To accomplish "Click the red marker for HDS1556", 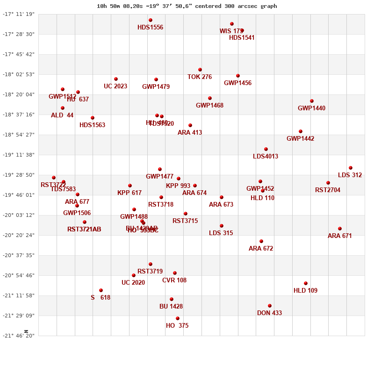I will tap(151, 20).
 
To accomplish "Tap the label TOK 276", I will tap(200, 77).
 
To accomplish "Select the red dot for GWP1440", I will tap(312, 101).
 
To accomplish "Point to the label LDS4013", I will tap(266, 157).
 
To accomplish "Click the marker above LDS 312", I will tap(351, 168).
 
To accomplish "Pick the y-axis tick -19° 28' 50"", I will tap(19, 175).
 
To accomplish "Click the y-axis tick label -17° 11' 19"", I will tap(19, 14).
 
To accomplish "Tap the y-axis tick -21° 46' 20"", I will tap(19, 336).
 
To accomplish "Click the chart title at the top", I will tap(187, 6).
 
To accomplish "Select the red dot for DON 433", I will tap(270, 306).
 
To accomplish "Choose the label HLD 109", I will tap(305, 291).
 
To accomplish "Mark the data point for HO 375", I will tap(178, 318).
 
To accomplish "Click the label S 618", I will tap(101, 298).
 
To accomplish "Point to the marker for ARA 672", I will tap(261, 241).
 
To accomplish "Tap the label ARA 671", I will tap(340, 236).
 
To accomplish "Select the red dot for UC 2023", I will tap(116, 79).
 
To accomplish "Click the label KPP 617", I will tap(129, 193).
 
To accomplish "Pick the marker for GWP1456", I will tap(238, 76).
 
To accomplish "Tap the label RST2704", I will tap(328, 190).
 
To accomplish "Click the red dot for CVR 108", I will tap(175, 273).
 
